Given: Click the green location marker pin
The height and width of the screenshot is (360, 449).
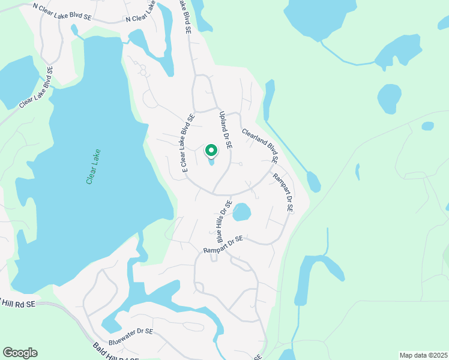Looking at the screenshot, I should pyautogui.click(x=211, y=150).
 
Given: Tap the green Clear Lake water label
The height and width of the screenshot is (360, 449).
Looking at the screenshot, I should pyautogui.click(x=93, y=166).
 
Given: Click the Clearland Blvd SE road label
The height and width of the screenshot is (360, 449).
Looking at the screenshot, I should pyautogui.click(x=259, y=146).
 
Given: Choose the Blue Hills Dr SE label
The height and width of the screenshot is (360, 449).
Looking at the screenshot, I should pyautogui.click(x=220, y=221).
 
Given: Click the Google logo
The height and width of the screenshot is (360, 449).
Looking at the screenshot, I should pyautogui.click(x=20, y=353).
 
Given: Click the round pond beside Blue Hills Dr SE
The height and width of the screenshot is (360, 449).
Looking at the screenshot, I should pyautogui.click(x=241, y=212).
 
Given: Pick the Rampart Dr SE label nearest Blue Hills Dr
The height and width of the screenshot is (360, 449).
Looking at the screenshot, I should pyautogui.click(x=223, y=245).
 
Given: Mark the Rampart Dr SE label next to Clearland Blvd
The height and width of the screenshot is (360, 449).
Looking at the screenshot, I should pyautogui.click(x=282, y=193).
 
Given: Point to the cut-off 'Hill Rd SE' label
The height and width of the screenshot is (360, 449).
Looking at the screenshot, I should pyautogui.click(x=18, y=304).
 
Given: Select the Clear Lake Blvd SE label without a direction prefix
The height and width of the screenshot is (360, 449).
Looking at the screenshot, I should pyautogui.click(x=35, y=87).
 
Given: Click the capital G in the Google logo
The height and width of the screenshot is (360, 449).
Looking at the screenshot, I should pyautogui.click(x=8, y=353).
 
